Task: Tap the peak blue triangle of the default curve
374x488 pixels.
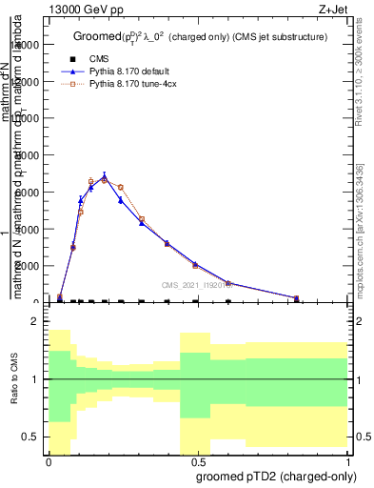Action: click(x=105, y=177)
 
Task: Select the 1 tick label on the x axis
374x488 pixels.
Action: click(x=347, y=460)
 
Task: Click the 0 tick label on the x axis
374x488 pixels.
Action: click(x=49, y=460)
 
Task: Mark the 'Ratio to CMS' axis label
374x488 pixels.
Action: click(x=14, y=379)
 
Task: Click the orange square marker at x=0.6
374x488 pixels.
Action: click(x=227, y=283)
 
